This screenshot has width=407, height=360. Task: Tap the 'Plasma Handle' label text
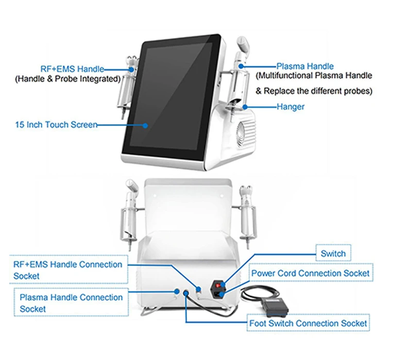pyautogui.click(x=305, y=66)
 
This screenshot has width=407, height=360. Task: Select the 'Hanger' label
pyautogui.click(x=290, y=107)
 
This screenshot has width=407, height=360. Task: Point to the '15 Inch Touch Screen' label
pyautogui.click(x=56, y=125)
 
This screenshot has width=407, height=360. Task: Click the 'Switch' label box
pyautogui.click(x=333, y=253)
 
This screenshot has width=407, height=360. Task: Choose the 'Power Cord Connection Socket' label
pyautogui.click(x=310, y=273)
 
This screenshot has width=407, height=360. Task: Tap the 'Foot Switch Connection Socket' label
pyautogui.click(x=308, y=323)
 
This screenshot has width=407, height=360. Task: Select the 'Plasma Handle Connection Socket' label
pyautogui.click(x=71, y=303)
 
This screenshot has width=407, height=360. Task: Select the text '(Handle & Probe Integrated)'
pyautogui.click(x=67, y=79)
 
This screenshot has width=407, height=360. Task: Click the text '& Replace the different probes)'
pyautogui.click(x=314, y=91)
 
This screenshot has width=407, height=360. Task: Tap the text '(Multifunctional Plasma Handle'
pyautogui.click(x=314, y=76)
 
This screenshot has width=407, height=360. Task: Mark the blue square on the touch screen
pyautogui.click(x=146, y=125)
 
